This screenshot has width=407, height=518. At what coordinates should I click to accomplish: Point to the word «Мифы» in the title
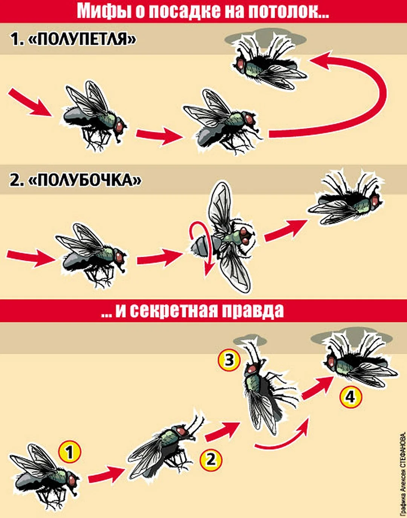click(99, 11)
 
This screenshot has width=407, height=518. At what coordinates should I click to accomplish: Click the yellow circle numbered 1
click(69, 452)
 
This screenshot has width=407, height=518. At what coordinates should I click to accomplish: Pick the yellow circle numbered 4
click(350, 397)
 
